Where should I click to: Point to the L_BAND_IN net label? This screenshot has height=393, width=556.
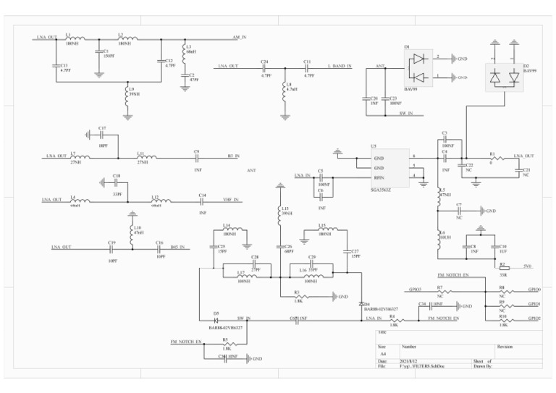click(x=339, y=66)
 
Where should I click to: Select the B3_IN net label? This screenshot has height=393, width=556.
click(x=233, y=156)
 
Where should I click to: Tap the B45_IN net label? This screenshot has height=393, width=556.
click(x=178, y=247)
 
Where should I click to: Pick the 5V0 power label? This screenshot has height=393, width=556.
click(x=526, y=266)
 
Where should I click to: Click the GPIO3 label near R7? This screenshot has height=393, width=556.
click(x=415, y=289)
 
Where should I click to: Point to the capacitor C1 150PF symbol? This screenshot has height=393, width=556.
click(x=98, y=52)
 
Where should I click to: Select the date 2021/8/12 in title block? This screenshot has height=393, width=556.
click(x=410, y=360)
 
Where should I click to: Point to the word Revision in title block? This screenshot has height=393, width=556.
click(x=505, y=347)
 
